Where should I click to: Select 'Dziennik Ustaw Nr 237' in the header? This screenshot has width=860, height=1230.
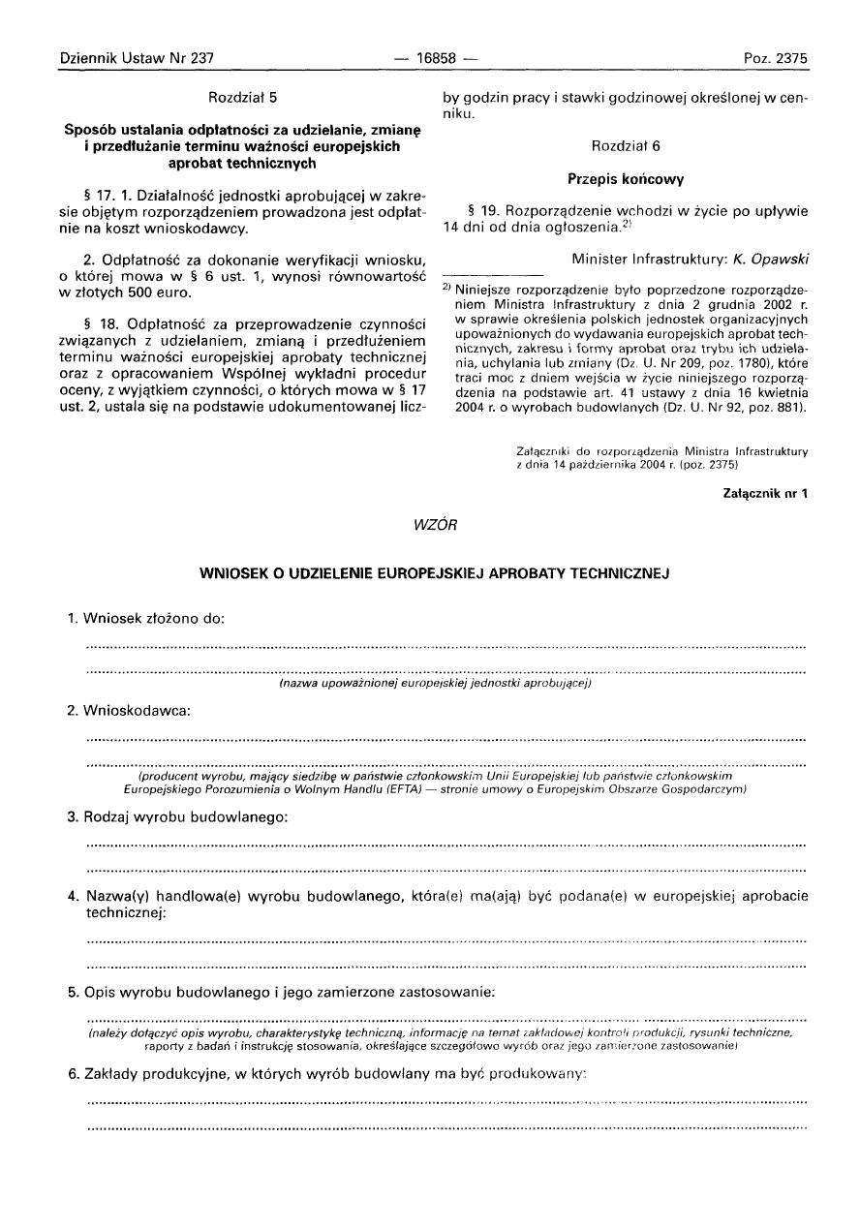click(137, 58)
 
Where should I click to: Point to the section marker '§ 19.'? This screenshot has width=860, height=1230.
click(483, 210)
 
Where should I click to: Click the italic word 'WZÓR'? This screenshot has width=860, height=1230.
click(430, 524)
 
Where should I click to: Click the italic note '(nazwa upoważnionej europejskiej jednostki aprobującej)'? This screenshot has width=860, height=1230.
click(435, 684)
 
